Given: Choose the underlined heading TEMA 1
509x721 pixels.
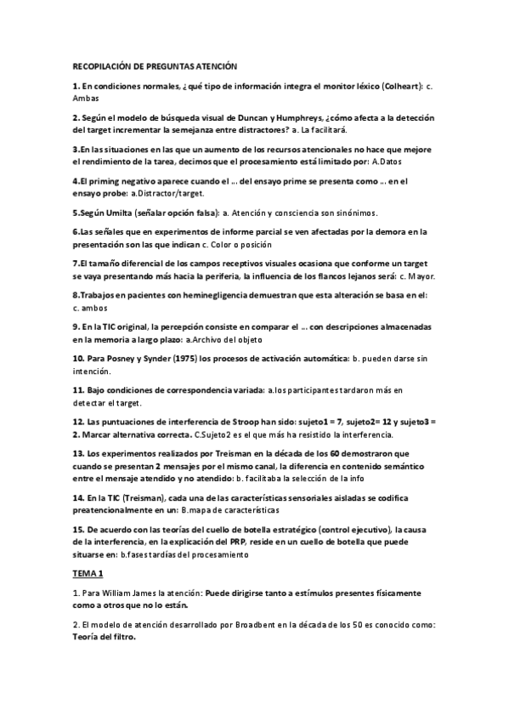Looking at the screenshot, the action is point(86,574).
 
